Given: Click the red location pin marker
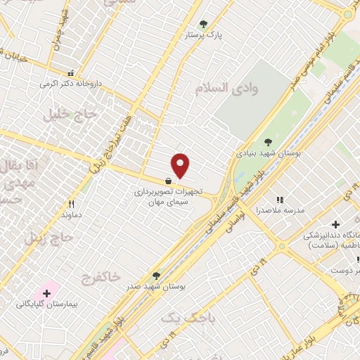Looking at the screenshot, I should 181,165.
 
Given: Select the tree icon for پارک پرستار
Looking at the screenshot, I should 204,24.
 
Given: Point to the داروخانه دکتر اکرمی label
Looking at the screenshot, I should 70,83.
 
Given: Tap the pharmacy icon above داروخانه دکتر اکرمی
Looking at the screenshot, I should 70,72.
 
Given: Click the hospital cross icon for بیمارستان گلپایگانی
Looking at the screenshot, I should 47,292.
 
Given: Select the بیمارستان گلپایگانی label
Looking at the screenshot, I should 46,304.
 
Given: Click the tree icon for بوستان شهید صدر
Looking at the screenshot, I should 156,275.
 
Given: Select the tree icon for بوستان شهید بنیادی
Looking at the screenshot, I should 267,141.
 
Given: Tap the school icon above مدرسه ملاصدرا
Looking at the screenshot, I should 280,200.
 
